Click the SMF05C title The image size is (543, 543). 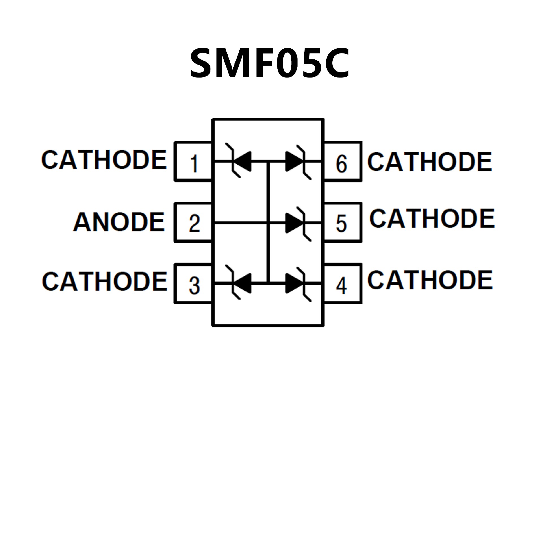point(270,63)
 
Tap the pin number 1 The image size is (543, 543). point(194,163)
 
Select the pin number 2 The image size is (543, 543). point(194,223)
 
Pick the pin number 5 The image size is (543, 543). point(341,223)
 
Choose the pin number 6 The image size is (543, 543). point(341,163)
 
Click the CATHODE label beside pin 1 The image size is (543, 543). point(104,160)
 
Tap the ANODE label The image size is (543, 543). point(119,222)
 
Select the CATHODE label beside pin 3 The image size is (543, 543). point(105,281)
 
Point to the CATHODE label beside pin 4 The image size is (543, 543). point(430,280)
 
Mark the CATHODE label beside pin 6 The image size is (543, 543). point(430,162)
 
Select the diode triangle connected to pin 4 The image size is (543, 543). point(293,283)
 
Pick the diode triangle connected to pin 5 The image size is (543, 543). point(293,223)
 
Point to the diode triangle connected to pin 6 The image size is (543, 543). point(293,161)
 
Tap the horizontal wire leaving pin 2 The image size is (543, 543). point(240,223)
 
